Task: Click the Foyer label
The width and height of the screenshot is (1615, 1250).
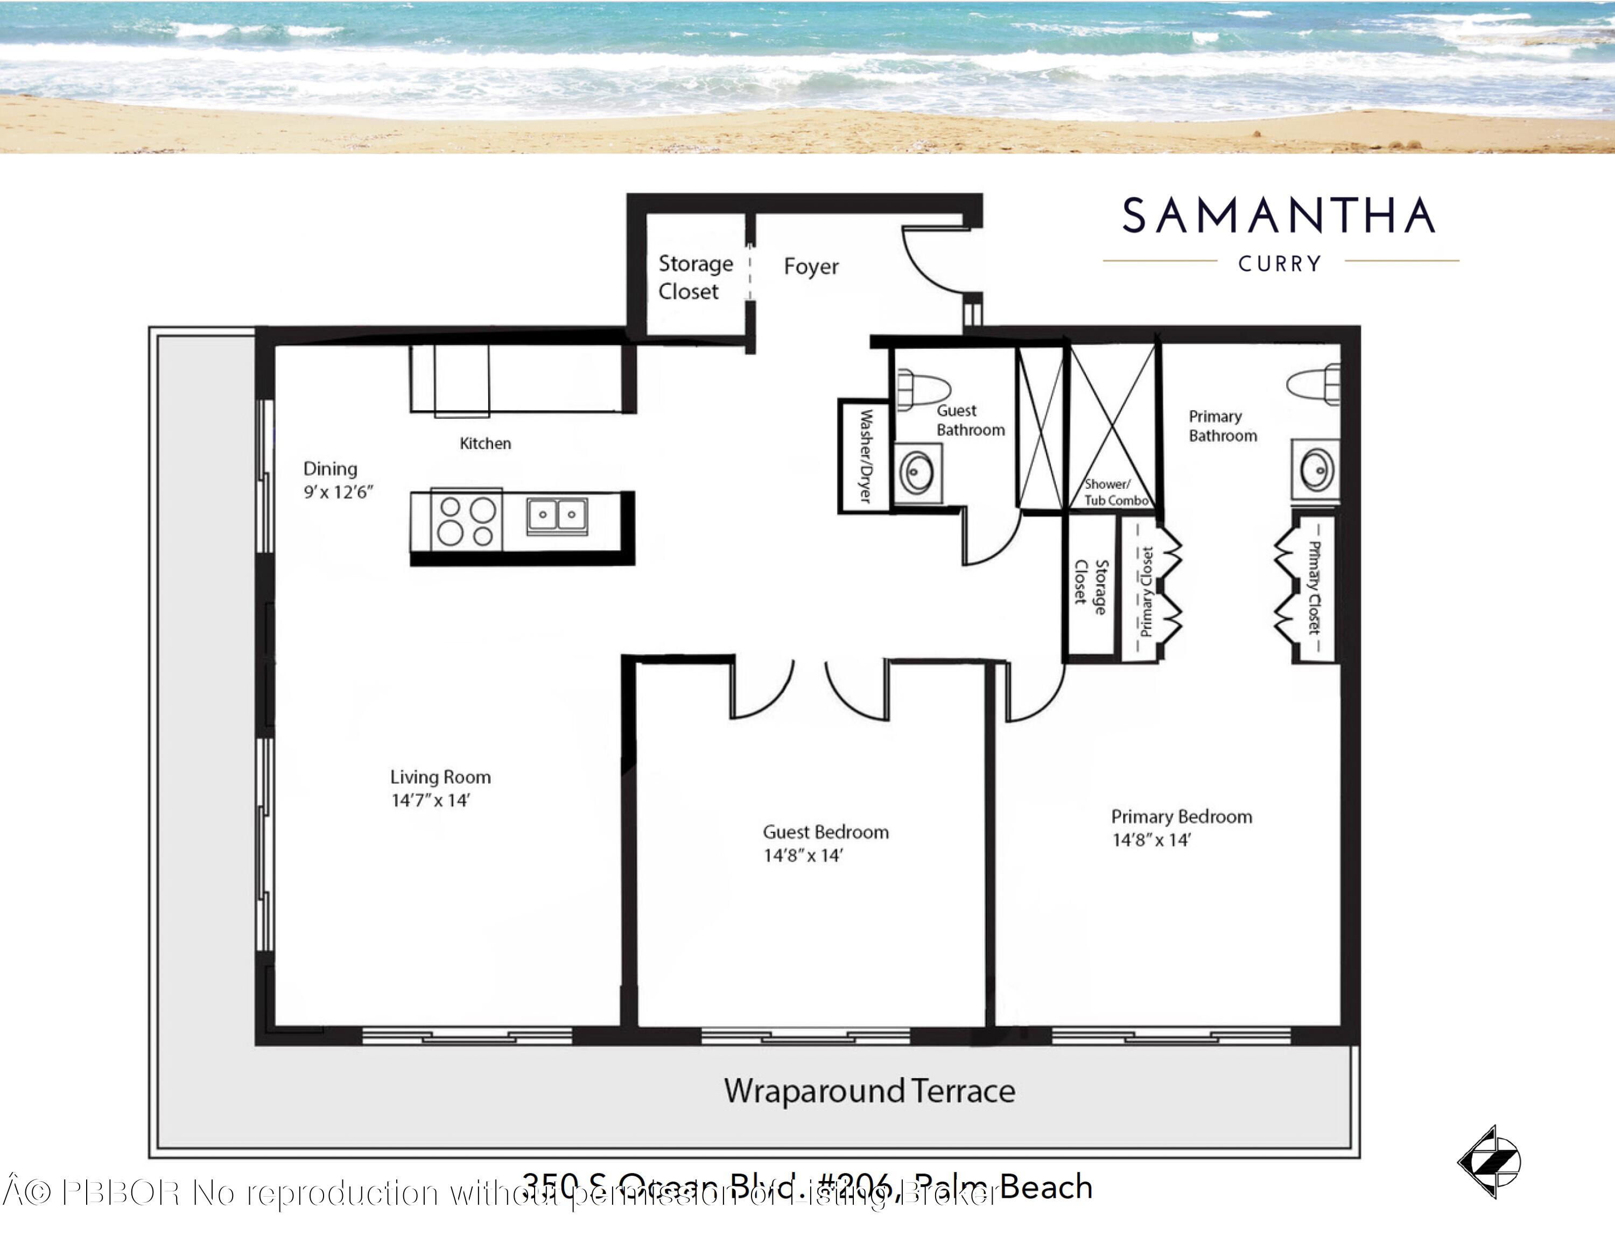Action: tap(811, 266)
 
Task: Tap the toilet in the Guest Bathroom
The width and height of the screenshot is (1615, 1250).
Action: tap(922, 390)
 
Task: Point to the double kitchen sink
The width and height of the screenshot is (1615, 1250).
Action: tap(558, 515)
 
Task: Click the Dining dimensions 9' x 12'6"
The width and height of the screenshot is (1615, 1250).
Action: tap(339, 492)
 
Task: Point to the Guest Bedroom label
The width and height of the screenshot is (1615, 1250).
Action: tap(825, 832)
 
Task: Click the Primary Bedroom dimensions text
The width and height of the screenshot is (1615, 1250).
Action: tap(1151, 839)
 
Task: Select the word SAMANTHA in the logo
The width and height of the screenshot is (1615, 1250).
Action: tap(1279, 216)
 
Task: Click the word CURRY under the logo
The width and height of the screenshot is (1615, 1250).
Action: tap(1280, 264)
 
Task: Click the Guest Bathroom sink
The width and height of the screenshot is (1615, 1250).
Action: tap(917, 473)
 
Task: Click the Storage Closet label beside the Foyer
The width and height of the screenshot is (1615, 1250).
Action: tap(695, 277)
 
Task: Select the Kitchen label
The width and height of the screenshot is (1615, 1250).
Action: tap(485, 443)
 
